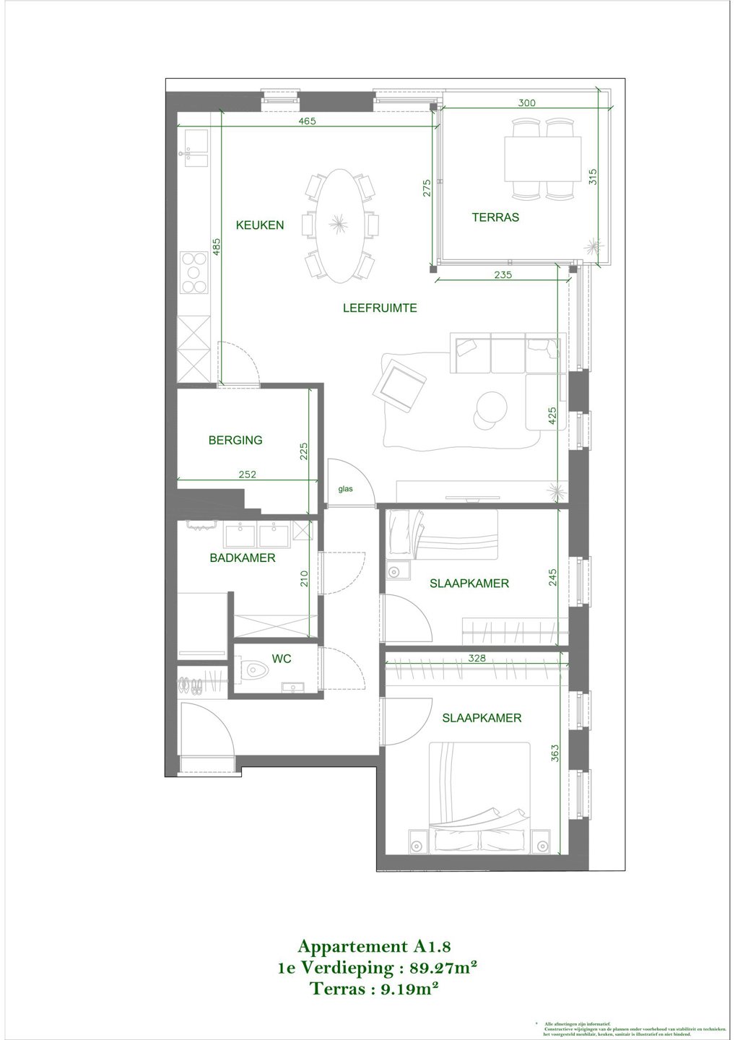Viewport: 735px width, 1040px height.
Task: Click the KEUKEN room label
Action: click(x=260, y=225)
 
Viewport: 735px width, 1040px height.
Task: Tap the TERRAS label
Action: click(x=495, y=217)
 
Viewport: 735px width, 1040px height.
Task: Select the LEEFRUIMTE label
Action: click(x=380, y=308)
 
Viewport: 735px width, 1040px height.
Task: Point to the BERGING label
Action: click(x=235, y=440)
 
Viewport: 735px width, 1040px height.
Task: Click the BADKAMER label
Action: click(x=243, y=558)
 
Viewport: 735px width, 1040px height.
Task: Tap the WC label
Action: click(x=282, y=659)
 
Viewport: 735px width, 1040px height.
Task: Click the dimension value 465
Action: click(x=307, y=121)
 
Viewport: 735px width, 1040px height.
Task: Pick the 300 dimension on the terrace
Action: click(x=527, y=103)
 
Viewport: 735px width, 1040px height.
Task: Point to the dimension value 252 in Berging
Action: click(x=248, y=474)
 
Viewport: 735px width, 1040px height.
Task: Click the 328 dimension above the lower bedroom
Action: click(x=477, y=658)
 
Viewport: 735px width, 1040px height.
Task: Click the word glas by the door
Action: click(x=346, y=489)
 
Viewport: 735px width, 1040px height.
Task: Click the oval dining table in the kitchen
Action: click(x=339, y=225)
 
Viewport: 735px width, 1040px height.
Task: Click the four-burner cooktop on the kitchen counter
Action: click(x=193, y=272)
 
